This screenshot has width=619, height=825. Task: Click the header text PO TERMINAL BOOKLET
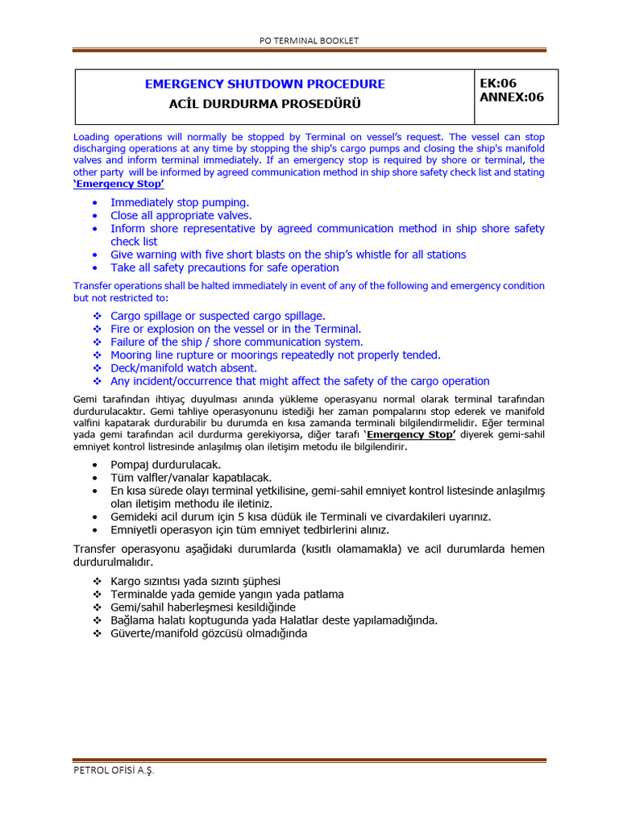309,40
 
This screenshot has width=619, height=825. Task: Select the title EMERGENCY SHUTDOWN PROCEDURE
264,84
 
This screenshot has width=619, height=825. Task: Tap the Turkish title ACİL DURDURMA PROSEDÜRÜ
264,104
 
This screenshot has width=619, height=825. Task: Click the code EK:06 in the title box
498,83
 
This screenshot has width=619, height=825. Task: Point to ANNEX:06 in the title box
512,97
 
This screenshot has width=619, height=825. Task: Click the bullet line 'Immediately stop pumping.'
180,202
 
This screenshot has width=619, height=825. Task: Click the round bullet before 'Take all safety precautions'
98,267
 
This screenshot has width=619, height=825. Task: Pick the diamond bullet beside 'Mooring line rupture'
98,355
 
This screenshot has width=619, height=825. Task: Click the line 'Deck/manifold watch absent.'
184,368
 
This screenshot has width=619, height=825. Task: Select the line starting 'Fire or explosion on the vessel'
235,329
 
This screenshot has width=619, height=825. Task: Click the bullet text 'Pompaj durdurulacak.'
165,465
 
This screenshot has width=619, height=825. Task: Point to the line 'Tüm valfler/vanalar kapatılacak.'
191,478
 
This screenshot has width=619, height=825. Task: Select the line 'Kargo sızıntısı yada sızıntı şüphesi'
196,581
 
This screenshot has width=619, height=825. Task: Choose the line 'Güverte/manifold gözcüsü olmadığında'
209,632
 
